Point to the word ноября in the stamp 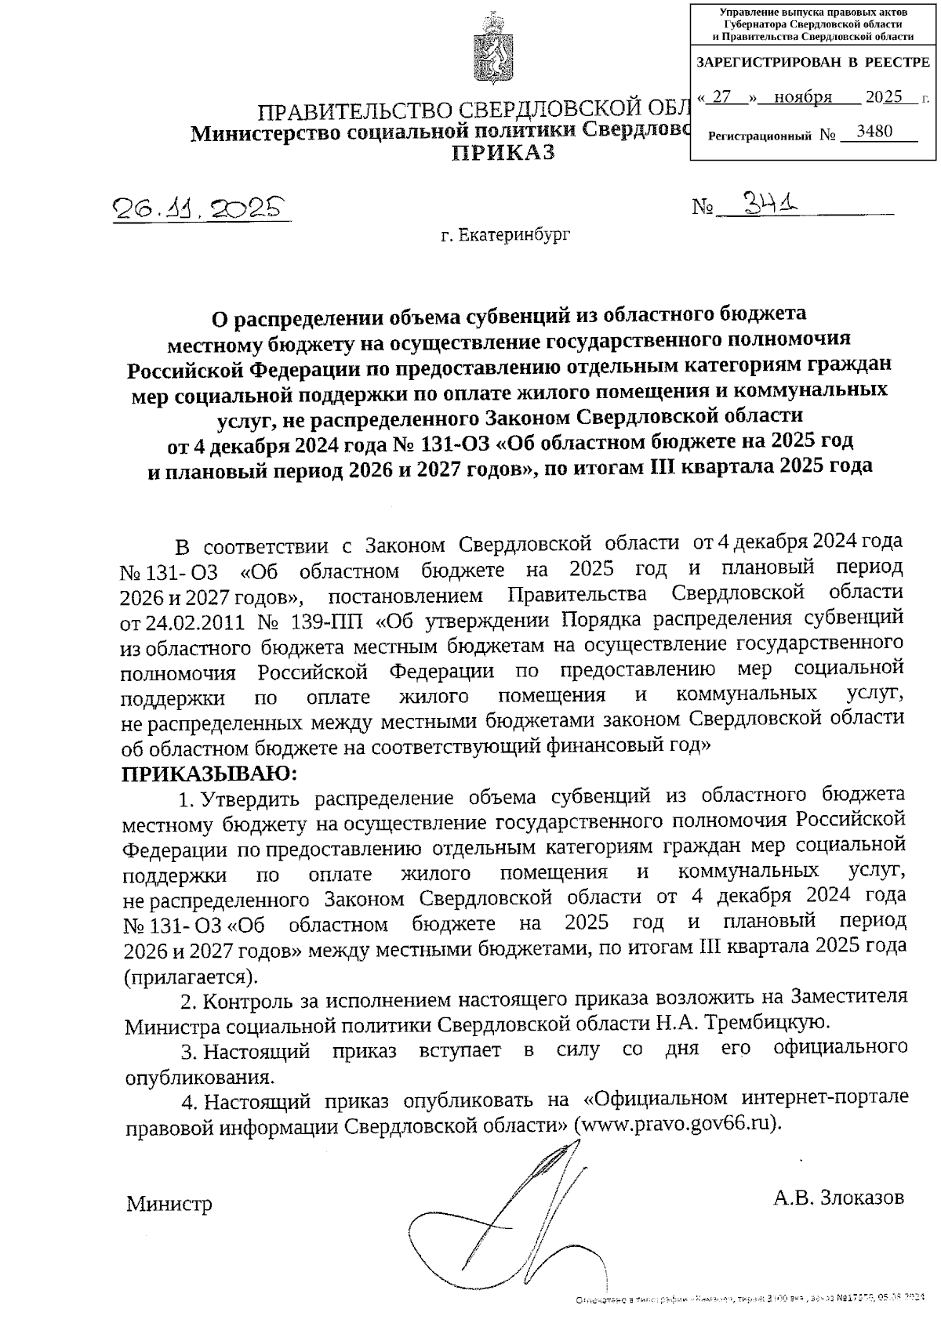click(802, 97)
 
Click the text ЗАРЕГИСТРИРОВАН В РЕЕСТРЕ click(813, 62)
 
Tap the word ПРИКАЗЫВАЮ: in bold click(209, 774)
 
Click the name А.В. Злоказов click(837, 1197)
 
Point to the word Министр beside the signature click(169, 1203)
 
